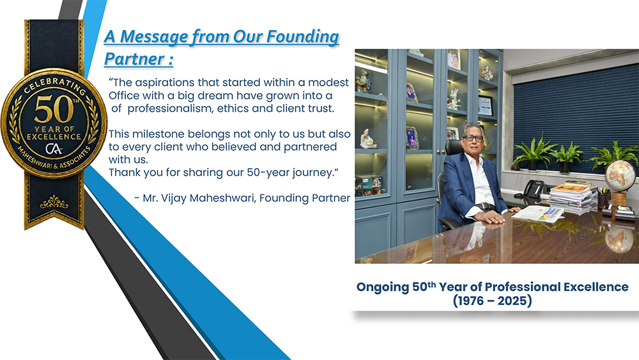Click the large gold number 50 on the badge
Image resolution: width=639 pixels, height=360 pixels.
tap(54, 109)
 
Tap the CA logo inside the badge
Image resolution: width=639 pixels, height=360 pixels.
tap(54, 148)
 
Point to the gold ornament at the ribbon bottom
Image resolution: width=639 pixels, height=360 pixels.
tap(54, 202)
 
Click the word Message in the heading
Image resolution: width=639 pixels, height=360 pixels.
tap(154, 36)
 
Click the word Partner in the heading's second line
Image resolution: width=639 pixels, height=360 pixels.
tap(134, 59)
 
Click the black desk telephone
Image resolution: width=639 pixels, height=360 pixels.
tap(534, 189)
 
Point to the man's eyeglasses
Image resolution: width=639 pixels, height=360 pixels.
tap(473, 139)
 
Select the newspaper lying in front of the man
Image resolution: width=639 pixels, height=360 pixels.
tap(539, 214)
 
